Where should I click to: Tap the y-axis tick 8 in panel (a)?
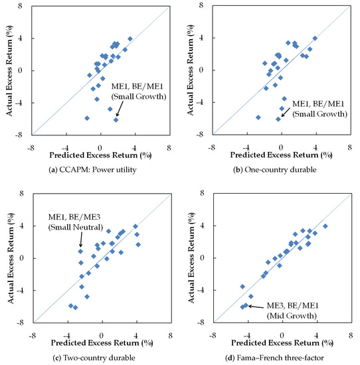(25, 5)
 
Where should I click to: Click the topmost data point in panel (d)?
(325, 226)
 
